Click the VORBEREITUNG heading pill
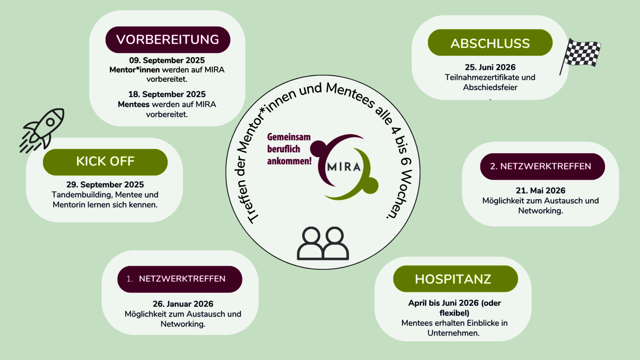click(168, 40)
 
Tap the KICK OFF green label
click(105, 162)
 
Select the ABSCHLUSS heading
click(490, 43)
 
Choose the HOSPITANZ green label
click(455, 279)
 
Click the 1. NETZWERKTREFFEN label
click(180, 279)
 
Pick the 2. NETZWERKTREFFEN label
click(542, 167)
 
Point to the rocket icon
click(42, 130)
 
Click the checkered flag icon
click(580, 56)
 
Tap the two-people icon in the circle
click(323, 243)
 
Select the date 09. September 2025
click(167, 60)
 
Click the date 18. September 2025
click(167, 94)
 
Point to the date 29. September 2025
click(105, 185)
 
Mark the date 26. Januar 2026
click(183, 304)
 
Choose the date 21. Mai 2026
click(541, 190)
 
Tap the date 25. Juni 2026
click(490, 67)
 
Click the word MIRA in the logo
click(344, 167)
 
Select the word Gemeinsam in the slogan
click(289, 137)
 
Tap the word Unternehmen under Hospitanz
click(453, 333)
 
